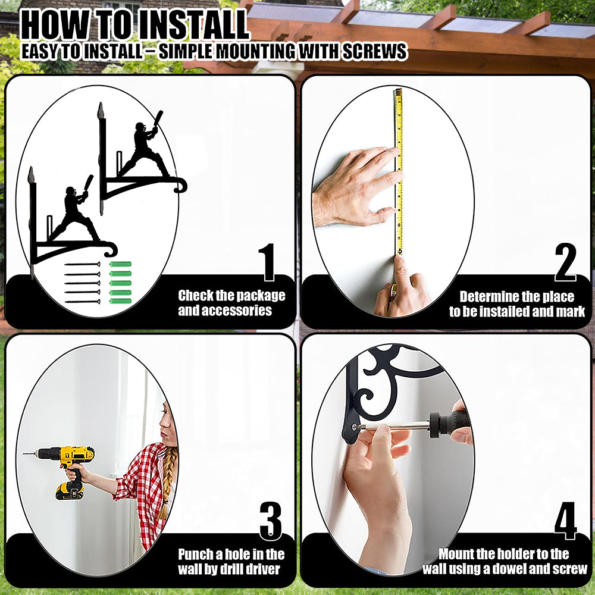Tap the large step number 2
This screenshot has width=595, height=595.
click(x=565, y=262)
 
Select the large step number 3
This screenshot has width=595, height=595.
click(x=271, y=521)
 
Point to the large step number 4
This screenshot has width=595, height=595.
click(x=565, y=521)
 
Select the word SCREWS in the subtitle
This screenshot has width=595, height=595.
click(x=374, y=52)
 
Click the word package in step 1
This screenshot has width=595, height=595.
click(x=261, y=296)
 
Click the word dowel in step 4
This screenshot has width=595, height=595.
click(x=516, y=569)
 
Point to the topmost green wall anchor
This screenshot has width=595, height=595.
click(x=120, y=264)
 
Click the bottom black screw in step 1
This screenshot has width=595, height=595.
click(x=82, y=302)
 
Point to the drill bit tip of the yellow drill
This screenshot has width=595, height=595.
click(x=24, y=453)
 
